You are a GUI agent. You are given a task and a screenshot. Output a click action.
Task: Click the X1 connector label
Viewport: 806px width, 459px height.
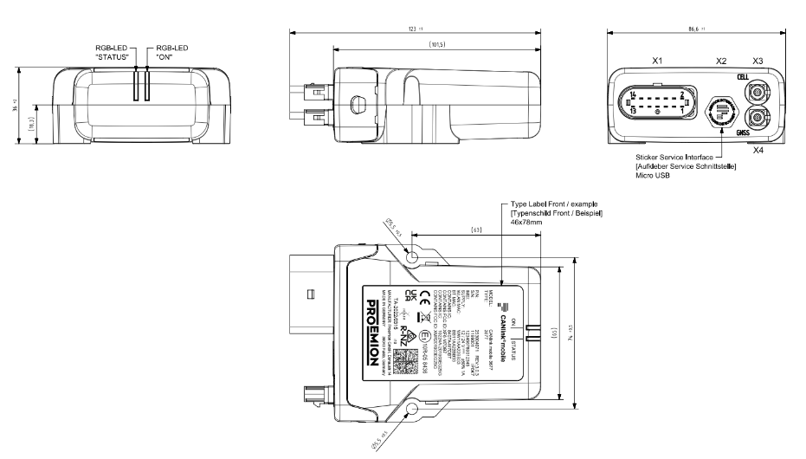658,62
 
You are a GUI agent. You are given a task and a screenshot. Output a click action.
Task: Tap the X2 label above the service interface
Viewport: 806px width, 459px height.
721,62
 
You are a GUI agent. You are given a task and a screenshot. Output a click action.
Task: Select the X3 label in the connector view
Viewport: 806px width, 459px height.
758,62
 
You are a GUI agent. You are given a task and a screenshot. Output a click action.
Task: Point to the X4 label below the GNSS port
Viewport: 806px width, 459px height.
758,151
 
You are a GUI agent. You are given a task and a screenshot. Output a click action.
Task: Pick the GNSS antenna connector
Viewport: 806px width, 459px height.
758,117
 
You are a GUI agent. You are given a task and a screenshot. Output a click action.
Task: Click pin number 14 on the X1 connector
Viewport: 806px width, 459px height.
635,94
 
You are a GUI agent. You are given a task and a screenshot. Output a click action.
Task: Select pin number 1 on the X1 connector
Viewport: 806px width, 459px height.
682,112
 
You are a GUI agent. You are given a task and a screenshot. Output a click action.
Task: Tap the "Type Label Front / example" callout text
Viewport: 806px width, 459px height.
552,203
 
